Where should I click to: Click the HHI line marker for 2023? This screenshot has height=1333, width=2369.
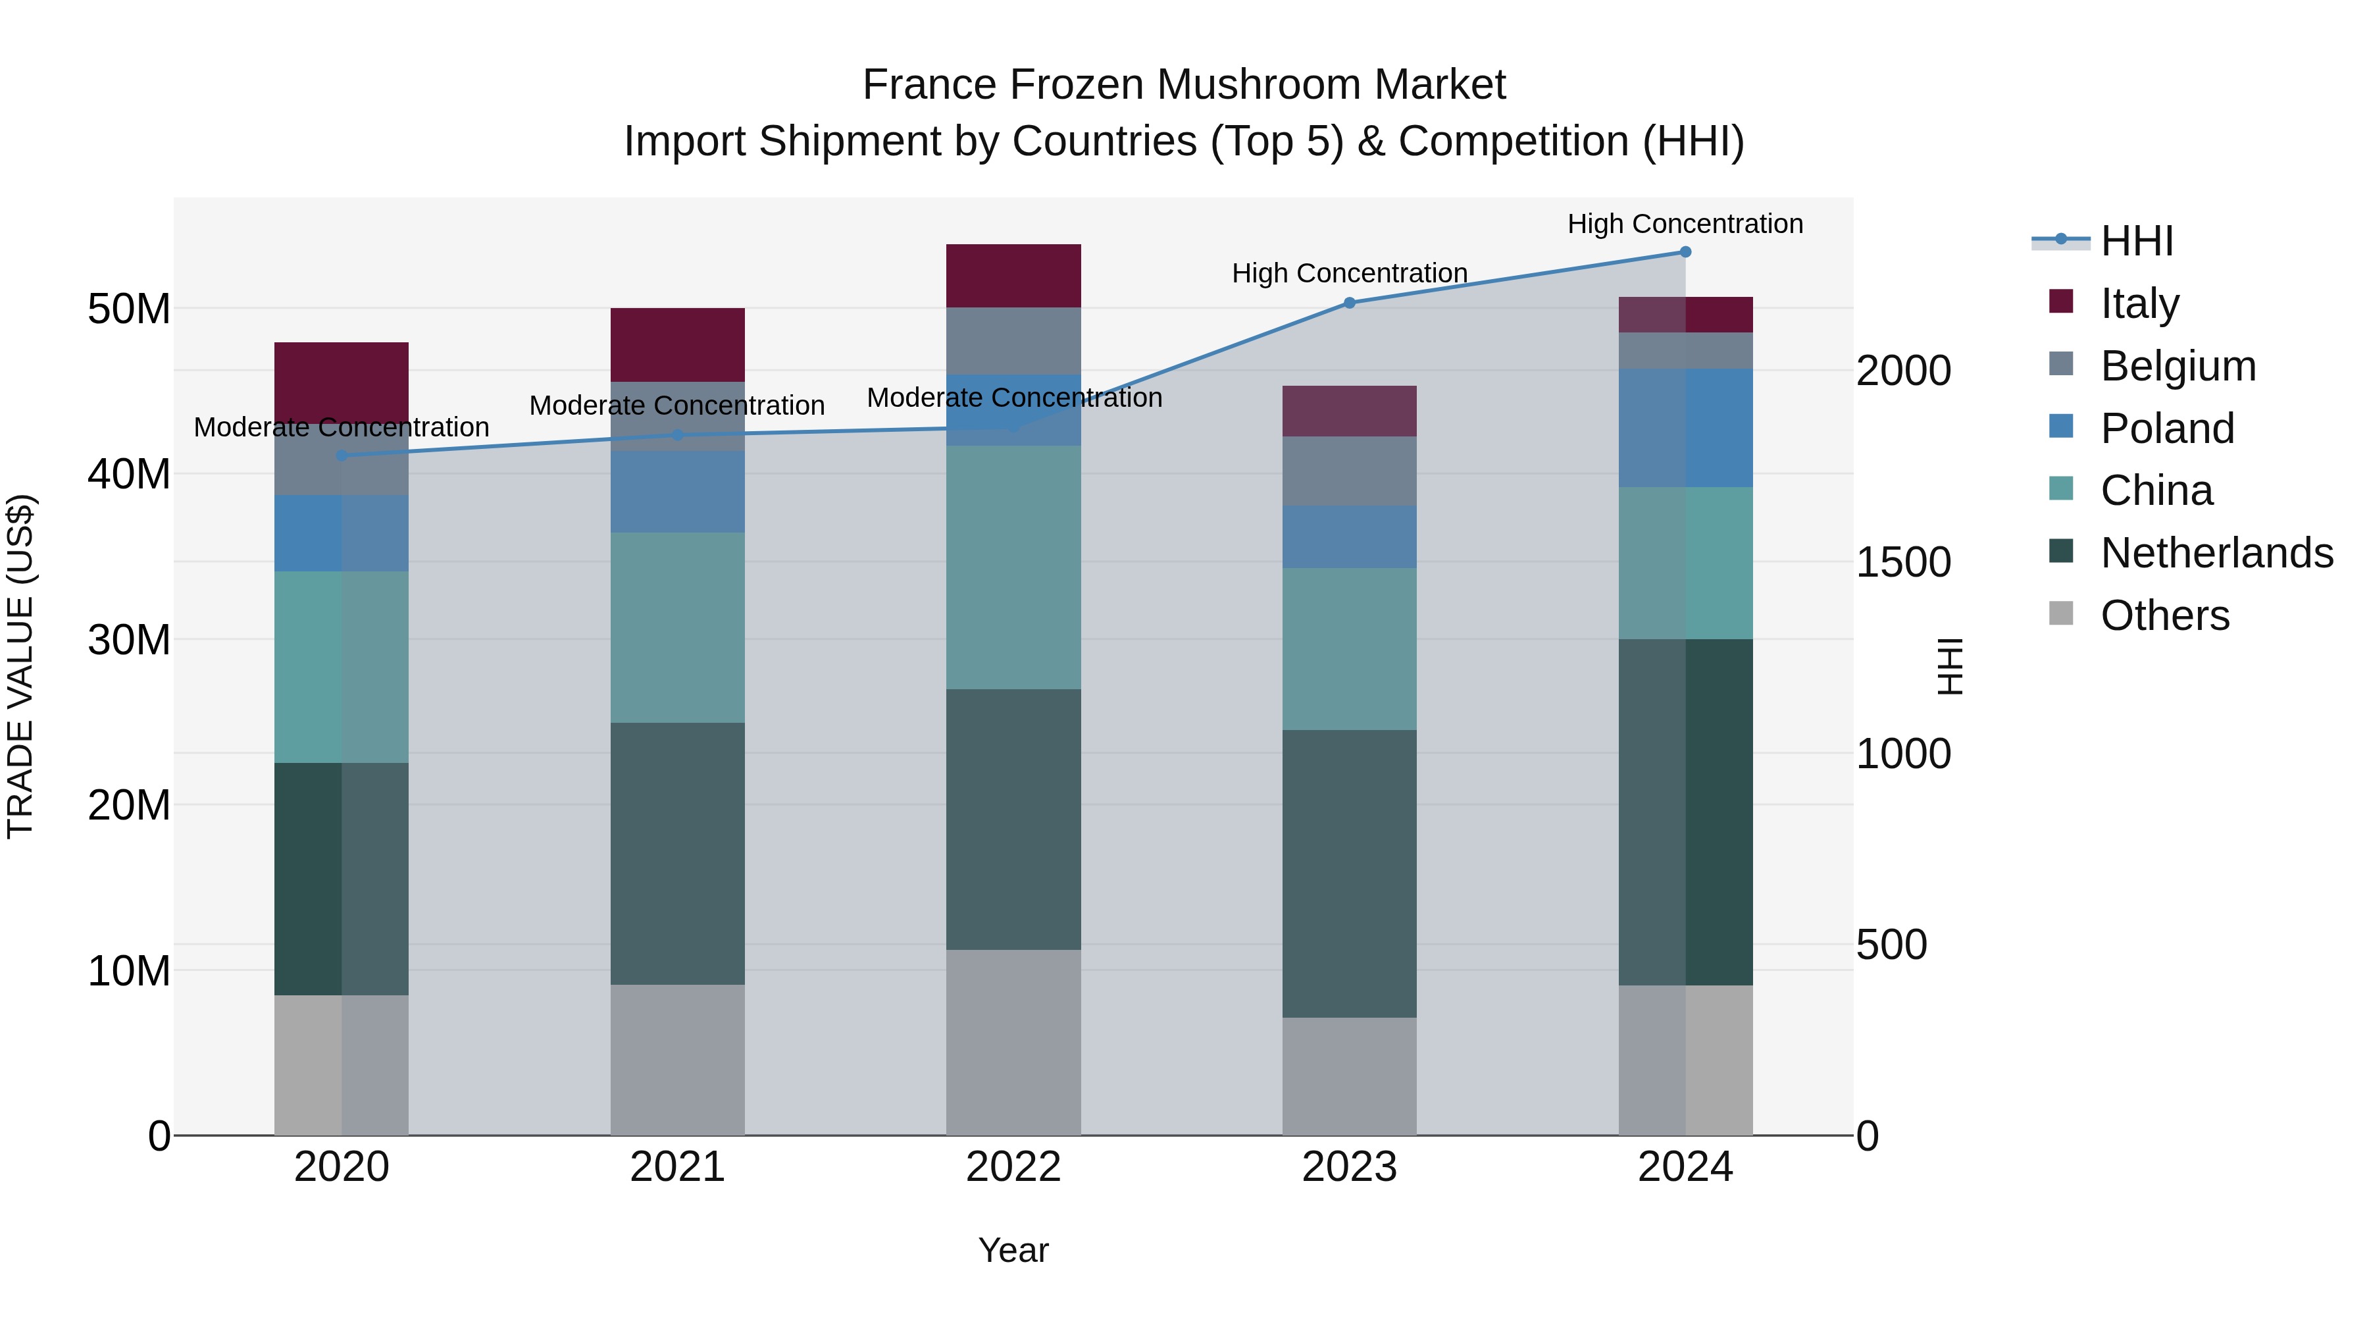[x=1349, y=303]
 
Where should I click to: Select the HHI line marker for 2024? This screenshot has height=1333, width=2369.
[x=1685, y=252]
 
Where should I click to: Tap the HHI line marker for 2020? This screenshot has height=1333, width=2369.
[x=341, y=456]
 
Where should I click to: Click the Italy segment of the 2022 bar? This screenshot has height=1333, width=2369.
[x=1013, y=275]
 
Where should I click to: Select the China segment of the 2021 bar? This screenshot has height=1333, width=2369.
[x=677, y=627]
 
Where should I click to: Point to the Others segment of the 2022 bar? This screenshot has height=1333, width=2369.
[x=1013, y=1041]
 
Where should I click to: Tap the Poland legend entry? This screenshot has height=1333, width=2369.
[x=2167, y=429]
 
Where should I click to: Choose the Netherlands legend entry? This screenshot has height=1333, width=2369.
[x=2216, y=553]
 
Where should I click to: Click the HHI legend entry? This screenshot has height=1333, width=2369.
[x=2136, y=241]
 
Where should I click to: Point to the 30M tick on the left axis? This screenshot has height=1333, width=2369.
[x=129, y=639]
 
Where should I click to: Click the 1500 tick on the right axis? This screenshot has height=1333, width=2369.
[x=1902, y=562]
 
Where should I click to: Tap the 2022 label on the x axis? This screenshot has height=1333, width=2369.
[x=1013, y=1167]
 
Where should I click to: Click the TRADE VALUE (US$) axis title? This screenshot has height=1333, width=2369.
[x=21, y=666]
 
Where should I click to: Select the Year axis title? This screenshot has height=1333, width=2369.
[x=1013, y=1250]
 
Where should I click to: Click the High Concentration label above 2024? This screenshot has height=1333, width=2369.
[x=1685, y=224]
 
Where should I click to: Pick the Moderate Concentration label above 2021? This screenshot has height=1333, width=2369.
[x=677, y=405]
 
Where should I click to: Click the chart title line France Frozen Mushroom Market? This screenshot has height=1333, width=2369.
[x=1184, y=85]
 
